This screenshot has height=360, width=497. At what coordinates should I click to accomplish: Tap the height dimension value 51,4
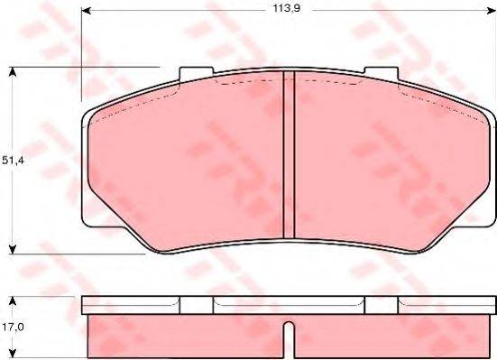point(12,160)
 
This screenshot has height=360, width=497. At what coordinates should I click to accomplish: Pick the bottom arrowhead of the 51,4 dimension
point(13,249)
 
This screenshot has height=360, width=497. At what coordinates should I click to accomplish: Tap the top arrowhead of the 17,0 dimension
point(13,300)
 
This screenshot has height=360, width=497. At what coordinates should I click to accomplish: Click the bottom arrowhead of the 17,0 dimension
point(13,355)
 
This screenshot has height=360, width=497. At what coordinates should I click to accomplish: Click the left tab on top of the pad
point(195,75)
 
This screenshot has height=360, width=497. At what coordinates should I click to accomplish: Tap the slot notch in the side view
point(286,340)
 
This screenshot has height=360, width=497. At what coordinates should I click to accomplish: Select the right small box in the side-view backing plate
point(379,305)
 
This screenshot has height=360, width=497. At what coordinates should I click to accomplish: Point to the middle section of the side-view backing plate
point(287,305)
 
